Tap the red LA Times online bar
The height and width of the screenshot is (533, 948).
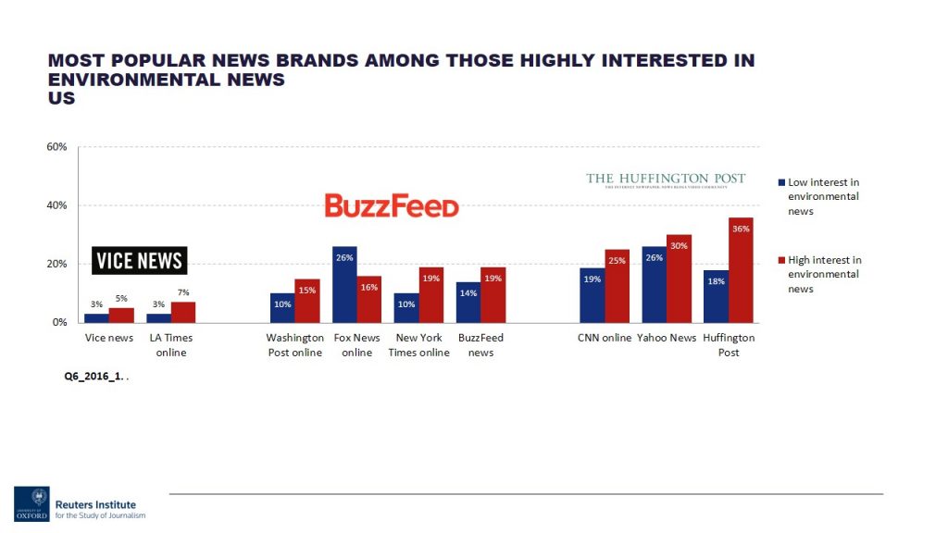[183, 312]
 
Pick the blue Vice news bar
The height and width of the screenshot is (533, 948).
[96, 317]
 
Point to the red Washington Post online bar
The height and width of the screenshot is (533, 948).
[306, 301]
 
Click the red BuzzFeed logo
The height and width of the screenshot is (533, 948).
[392, 205]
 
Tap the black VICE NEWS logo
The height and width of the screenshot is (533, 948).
[140, 260]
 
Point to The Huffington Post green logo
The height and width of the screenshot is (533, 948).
[665, 180]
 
